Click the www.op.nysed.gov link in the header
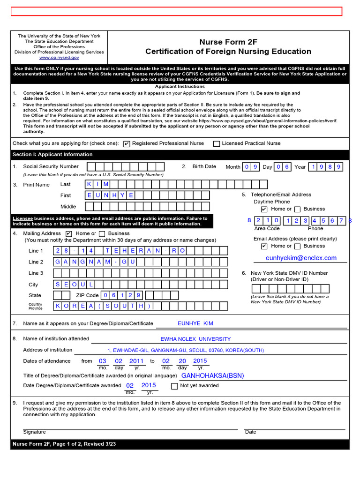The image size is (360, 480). [x=59, y=58]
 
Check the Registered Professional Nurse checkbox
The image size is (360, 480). [x=127, y=144]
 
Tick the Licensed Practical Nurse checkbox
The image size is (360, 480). [x=216, y=144]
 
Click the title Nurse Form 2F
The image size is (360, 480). [x=228, y=42]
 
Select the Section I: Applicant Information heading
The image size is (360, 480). [x=52, y=155]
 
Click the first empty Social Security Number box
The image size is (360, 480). [x=91, y=166]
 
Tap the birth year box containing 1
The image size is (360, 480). [x=312, y=166]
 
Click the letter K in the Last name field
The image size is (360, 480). [x=90, y=184]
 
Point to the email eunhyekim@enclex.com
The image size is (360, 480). [x=301, y=258]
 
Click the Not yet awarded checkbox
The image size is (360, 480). [x=174, y=386]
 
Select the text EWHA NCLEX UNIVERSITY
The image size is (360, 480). [x=195, y=339]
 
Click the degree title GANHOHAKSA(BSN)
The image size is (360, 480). [x=212, y=375]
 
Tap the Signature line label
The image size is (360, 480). [x=34, y=432]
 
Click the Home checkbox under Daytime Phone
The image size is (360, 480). [x=264, y=209]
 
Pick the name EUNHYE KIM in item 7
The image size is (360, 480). [x=195, y=323]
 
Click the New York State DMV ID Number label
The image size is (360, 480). [x=289, y=273]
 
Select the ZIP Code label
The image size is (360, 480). [x=87, y=295]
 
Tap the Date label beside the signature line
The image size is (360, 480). [x=250, y=432]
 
